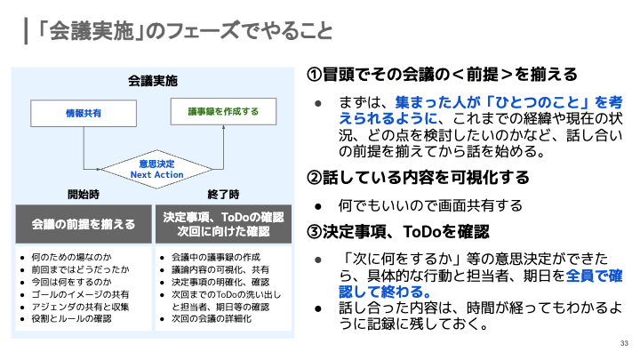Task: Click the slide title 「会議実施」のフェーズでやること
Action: click(x=182, y=32)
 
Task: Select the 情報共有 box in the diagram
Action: click(x=83, y=113)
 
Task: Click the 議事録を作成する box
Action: click(x=223, y=112)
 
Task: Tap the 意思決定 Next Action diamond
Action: click(x=156, y=169)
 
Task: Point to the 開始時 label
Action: click(x=83, y=194)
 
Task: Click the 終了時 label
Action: click(x=223, y=194)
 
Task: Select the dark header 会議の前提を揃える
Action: click(x=84, y=223)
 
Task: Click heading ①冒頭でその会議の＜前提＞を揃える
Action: click(x=443, y=73)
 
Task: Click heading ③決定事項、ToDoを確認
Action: click(x=398, y=231)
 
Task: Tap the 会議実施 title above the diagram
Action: click(x=153, y=81)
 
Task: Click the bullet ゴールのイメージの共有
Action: click(x=80, y=293)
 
